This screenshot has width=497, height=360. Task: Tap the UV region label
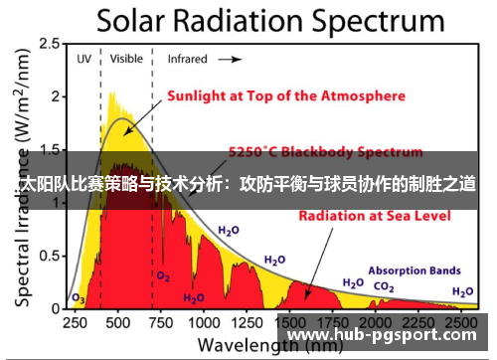click(x=83, y=59)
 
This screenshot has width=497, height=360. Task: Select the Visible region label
click(x=126, y=59)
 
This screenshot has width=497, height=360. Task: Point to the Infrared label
click(x=187, y=59)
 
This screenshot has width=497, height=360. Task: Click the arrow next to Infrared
click(x=230, y=59)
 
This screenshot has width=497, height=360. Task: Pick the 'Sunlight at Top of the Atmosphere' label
click(x=284, y=96)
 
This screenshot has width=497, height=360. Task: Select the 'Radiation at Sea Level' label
click(x=357, y=214)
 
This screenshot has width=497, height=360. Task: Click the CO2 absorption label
click(x=383, y=286)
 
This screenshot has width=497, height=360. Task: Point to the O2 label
click(x=162, y=274)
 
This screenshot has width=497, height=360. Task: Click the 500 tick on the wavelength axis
click(x=117, y=322)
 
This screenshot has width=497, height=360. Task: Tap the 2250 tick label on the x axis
click(x=417, y=322)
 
